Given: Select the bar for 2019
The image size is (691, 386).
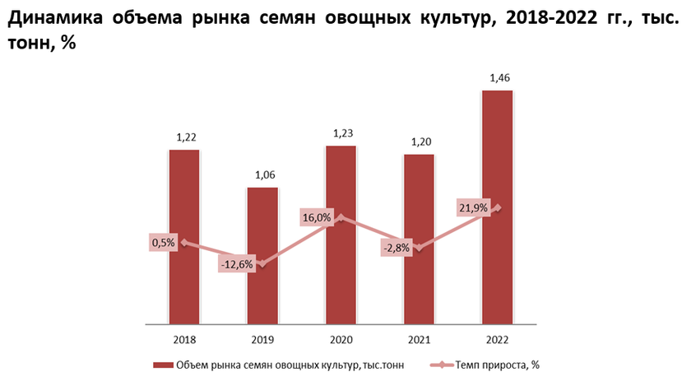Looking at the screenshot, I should pyautogui.click(x=262, y=256).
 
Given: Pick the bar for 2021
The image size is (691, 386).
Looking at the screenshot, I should pyautogui.click(x=419, y=240).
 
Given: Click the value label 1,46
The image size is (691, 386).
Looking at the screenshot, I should pyautogui.click(x=499, y=78).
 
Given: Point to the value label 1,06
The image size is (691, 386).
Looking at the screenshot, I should pyautogui.click(x=264, y=174).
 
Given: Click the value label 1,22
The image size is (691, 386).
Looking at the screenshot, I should pyautogui.click(x=186, y=137).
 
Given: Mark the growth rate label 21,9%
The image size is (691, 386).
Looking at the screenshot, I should pyautogui.click(x=473, y=208).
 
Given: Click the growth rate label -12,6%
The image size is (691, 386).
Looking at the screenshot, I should pyautogui.click(x=237, y=265).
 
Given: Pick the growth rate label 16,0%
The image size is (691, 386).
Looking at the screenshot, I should pyautogui.click(x=317, y=218).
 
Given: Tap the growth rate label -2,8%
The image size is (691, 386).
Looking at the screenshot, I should pyautogui.click(x=396, y=248).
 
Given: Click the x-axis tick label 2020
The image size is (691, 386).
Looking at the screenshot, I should pyautogui.click(x=341, y=340).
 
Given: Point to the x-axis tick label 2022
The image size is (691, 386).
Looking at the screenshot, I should pyautogui.click(x=497, y=340).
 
